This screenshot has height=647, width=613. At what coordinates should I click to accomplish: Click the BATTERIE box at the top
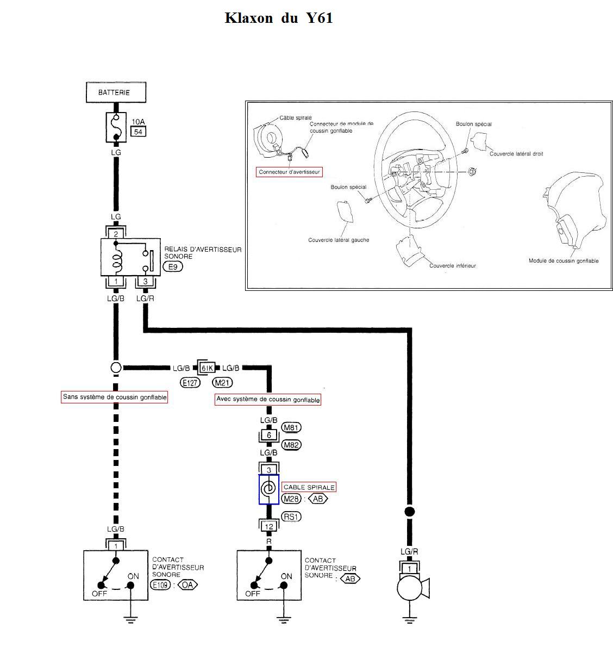(x=116, y=92)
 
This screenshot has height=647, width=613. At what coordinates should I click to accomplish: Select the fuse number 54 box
(x=138, y=132)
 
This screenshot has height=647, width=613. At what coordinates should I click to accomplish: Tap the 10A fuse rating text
(x=138, y=122)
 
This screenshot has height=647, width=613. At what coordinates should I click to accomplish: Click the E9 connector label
(x=173, y=267)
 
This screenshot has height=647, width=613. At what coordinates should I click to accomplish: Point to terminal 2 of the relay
(x=116, y=234)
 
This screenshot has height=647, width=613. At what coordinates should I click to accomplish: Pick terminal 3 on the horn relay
(x=145, y=282)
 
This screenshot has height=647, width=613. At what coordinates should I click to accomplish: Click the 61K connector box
(x=207, y=368)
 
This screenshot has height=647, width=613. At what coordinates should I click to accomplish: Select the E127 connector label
(x=190, y=383)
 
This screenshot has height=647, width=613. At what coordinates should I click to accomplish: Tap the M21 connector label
(x=222, y=383)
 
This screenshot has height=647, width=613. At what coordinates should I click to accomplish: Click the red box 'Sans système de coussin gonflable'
(x=114, y=397)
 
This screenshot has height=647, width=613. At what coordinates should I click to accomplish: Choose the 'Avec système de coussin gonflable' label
(x=268, y=400)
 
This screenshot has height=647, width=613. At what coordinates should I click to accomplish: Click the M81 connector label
(x=291, y=428)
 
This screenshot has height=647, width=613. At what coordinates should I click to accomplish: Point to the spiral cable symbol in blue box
(x=268, y=489)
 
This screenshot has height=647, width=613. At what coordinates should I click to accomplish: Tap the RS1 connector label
(x=291, y=517)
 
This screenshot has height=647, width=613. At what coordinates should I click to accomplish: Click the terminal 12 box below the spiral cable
(x=269, y=526)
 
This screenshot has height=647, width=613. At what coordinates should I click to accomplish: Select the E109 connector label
(x=160, y=584)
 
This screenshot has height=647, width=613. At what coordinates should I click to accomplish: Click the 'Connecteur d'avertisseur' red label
(x=289, y=172)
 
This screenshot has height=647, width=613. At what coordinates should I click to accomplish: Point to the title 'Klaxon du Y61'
(x=278, y=18)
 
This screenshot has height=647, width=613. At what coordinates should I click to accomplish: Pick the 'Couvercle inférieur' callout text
(x=453, y=266)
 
